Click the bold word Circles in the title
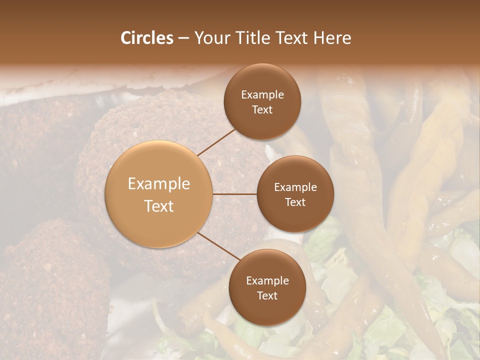pos(147,38)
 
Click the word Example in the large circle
pos(159,184)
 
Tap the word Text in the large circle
pos(159,206)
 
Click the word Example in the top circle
pos(262,95)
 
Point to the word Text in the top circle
pos(262,109)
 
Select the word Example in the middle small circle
pos(295,187)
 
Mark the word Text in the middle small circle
pos(295,202)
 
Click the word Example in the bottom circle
pos(267,281)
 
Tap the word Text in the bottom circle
pos(267,295)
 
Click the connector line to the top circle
pos(216,142)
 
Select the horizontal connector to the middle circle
pos(235,194)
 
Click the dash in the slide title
pos(183,38)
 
